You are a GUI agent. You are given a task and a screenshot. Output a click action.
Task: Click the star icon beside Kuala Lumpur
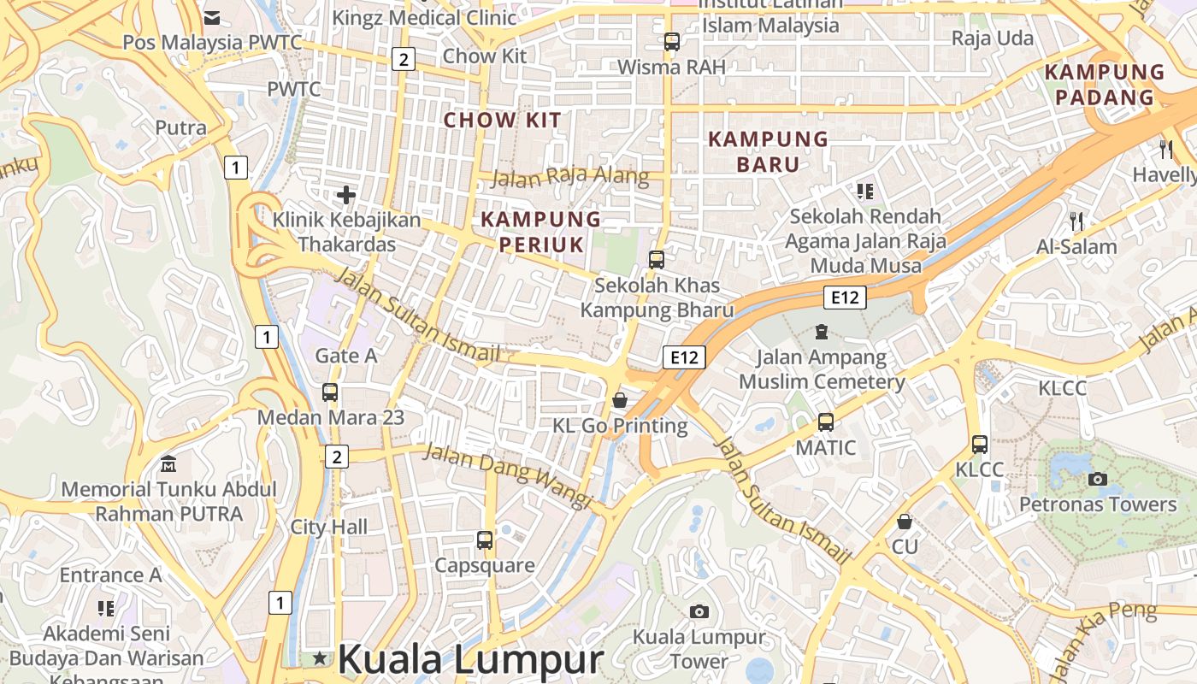tap(320, 657)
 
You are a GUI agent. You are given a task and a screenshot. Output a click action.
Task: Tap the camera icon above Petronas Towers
tap(1098, 479)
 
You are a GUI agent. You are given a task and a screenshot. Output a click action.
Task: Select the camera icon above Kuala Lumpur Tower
tap(699, 611)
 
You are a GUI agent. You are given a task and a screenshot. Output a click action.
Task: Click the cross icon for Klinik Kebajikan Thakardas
tap(346, 195)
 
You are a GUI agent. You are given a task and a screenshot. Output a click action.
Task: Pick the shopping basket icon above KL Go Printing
tap(620, 400)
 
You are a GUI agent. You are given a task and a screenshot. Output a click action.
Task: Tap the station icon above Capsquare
tap(485, 540)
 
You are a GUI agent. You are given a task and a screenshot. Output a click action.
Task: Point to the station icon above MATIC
tap(825, 422)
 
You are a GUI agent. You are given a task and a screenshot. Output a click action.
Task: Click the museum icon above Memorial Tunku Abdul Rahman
tap(168, 464)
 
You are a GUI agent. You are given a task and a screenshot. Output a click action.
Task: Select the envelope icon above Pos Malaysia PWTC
tap(212, 17)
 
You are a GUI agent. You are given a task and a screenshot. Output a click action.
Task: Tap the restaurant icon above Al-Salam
tap(1076, 221)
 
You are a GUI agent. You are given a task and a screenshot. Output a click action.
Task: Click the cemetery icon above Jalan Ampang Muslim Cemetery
tap(822, 331)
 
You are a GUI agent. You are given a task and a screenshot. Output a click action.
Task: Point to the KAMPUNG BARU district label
tap(768, 151)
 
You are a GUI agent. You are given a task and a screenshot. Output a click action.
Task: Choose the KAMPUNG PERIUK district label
tap(541, 232)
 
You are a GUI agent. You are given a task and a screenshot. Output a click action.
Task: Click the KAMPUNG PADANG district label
tap(1105, 84)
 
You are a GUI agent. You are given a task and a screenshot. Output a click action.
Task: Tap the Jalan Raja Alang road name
tap(569, 177)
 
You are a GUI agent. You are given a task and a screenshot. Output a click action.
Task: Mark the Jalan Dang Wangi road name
tap(508, 475)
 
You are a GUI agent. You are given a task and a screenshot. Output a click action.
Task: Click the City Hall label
tap(329, 527)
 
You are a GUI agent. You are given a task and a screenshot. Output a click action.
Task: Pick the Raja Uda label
tap(992, 38)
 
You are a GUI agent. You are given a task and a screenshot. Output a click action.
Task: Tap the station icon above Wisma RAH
tap(671, 41)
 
